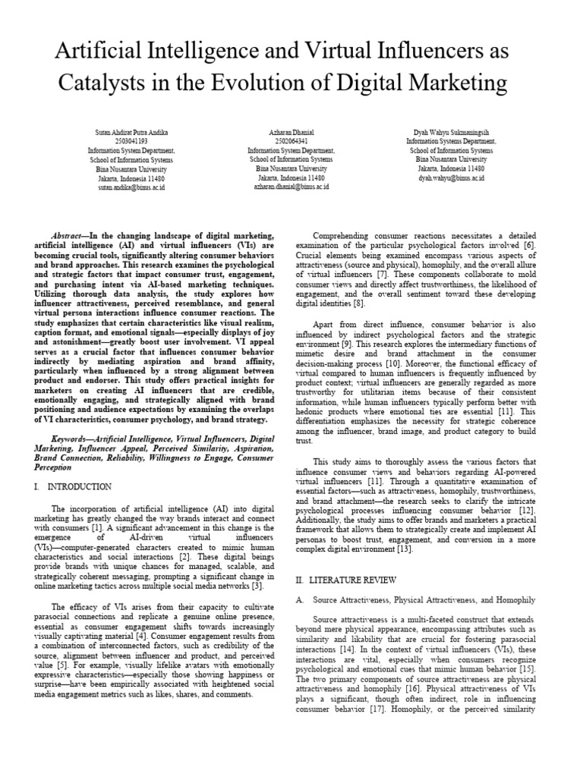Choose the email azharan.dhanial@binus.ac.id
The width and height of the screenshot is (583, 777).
[291, 187]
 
